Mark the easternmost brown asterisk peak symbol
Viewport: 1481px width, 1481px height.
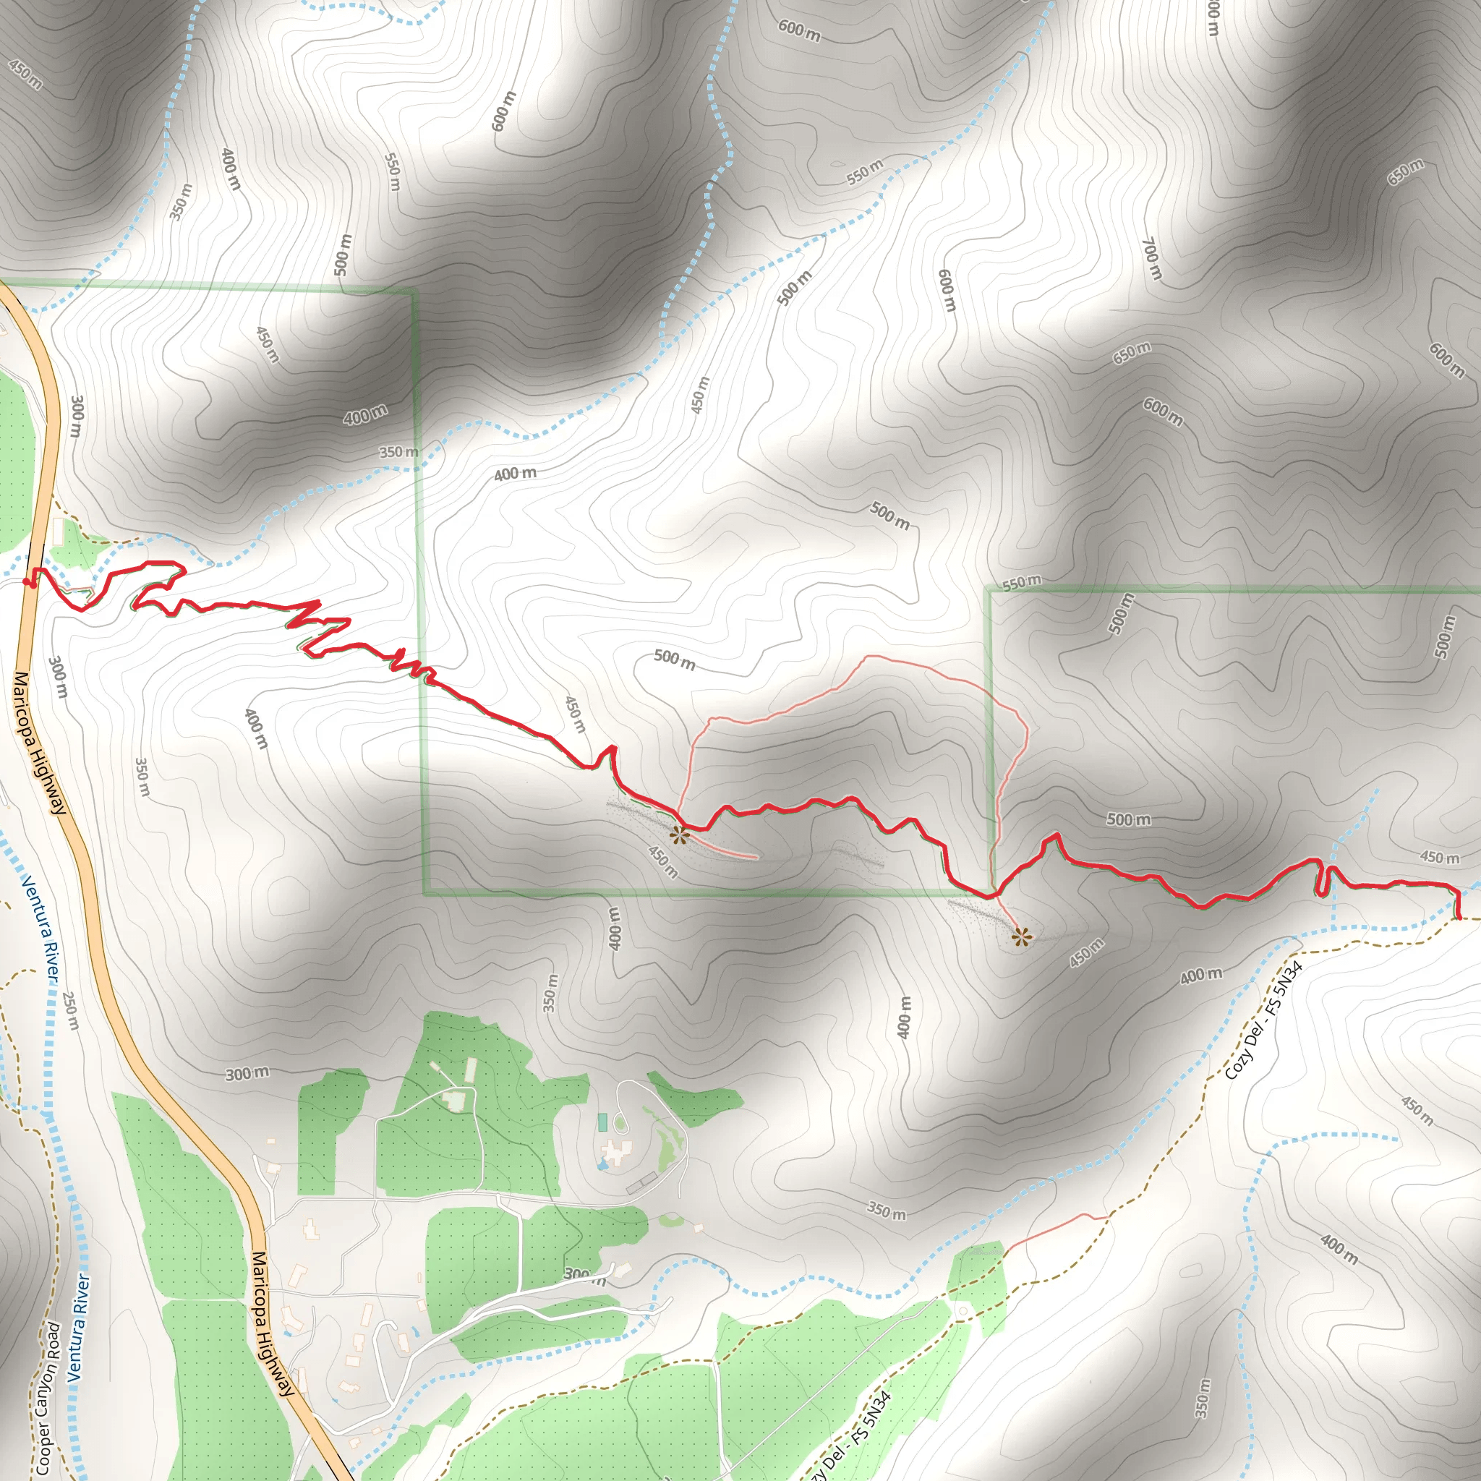click(x=1021, y=936)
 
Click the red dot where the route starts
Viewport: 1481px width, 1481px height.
click(x=28, y=583)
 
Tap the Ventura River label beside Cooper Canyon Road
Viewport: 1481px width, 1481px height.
click(x=79, y=1328)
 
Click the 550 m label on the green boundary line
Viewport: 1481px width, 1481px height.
click(x=1022, y=582)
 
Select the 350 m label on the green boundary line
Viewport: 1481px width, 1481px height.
click(x=398, y=452)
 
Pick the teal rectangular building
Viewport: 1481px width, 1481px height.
click(x=602, y=1123)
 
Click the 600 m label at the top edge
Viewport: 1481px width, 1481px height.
click(x=799, y=30)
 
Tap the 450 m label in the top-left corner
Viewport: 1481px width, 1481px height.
click(x=25, y=74)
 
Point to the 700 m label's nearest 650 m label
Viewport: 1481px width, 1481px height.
click(x=1132, y=352)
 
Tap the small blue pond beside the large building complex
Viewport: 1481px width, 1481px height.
click(x=601, y=1164)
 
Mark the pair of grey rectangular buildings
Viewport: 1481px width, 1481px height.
click(x=641, y=1183)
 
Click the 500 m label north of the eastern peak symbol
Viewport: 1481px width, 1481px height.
click(x=1128, y=819)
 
